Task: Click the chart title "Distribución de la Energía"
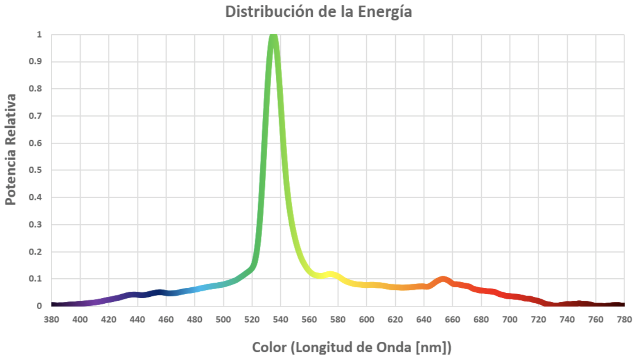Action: click(319, 12)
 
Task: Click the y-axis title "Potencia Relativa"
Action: click(11, 150)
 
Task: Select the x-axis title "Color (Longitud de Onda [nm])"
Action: click(352, 347)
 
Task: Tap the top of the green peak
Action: click(274, 37)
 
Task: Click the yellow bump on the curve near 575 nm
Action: click(331, 275)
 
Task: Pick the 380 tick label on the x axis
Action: click(51, 320)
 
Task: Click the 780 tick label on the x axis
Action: click(624, 320)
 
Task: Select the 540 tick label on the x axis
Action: click(281, 320)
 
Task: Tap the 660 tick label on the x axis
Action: click(453, 320)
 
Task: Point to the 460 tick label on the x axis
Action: click(166, 320)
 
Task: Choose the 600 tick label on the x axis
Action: click(367, 320)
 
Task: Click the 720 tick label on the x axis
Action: click(538, 320)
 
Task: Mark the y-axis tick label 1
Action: click(39, 35)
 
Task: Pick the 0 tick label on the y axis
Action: click(39, 306)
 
